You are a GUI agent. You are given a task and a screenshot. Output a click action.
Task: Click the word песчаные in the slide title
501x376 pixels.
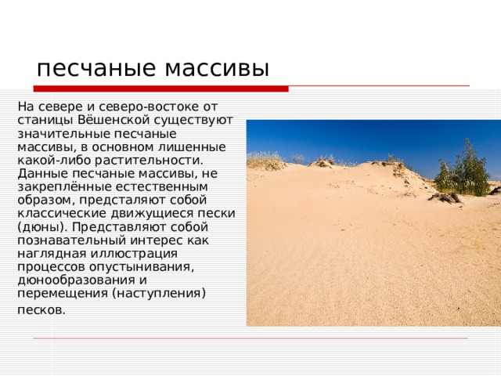pyautogui.click(x=87, y=68)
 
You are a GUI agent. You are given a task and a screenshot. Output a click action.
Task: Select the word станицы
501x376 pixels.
pyautogui.click(x=41, y=120)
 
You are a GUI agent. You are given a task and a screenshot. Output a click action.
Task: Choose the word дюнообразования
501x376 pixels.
pyautogui.click(x=70, y=280)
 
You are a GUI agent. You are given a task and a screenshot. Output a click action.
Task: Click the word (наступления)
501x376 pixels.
pyautogui.click(x=159, y=293)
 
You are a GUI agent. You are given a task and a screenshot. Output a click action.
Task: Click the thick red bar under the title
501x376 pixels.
pyautogui.click(x=160, y=88)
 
